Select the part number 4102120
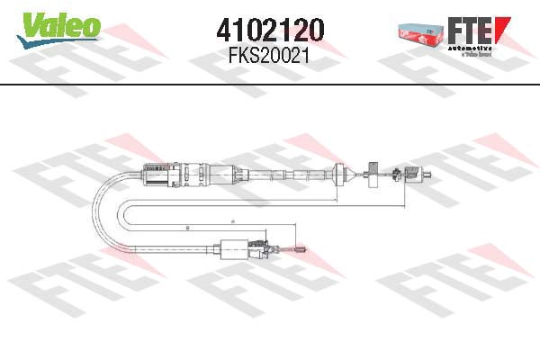point(270,30)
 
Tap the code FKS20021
point(270,55)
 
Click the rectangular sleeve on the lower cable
point(236,245)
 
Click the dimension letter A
point(231,221)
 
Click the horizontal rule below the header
point(270,85)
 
